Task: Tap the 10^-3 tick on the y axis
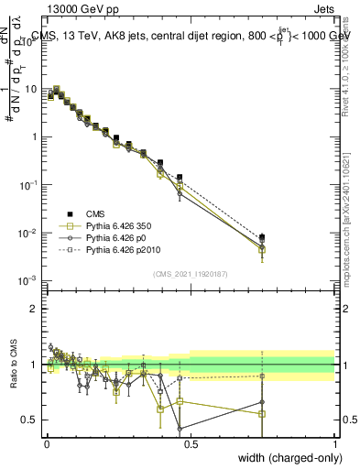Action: [30, 280]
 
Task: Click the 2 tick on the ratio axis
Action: [37, 309]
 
